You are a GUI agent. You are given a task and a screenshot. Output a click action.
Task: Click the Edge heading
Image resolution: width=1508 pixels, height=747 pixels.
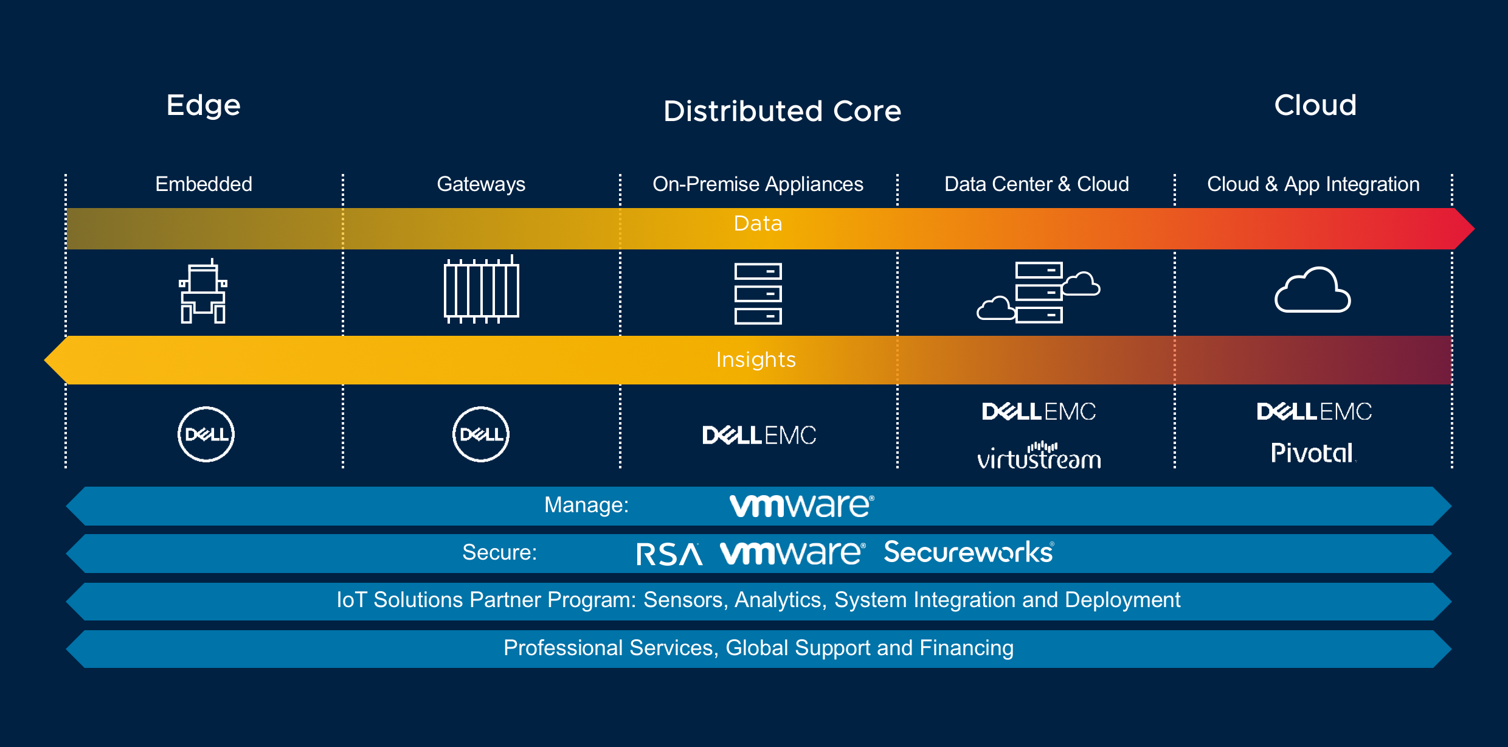(204, 106)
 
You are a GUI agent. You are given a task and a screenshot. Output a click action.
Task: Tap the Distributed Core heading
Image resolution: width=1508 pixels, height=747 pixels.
(782, 111)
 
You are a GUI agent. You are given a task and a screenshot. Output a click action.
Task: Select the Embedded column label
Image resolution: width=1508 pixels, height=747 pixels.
(204, 184)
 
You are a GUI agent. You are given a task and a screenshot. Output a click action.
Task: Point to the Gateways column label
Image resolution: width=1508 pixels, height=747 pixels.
(481, 184)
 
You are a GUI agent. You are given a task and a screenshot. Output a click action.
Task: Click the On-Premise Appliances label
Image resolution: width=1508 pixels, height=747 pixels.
(758, 184)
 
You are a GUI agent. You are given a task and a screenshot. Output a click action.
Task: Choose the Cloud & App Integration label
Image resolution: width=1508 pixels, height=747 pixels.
(1313, 184)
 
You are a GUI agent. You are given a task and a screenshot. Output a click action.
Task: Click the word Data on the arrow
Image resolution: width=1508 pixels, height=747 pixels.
(758, 224)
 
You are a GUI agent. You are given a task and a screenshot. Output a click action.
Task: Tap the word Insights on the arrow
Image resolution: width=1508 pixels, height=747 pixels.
(756, 360)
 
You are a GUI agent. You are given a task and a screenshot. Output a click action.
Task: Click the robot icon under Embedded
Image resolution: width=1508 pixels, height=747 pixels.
(203, 291)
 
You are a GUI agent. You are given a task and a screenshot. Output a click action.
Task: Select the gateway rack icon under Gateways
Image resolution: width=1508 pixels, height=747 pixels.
(481, 290)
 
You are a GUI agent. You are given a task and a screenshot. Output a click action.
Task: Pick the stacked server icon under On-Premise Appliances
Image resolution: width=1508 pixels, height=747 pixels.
(758, 293)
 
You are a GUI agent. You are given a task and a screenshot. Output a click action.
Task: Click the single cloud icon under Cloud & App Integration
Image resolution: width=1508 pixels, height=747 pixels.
(1312, 290)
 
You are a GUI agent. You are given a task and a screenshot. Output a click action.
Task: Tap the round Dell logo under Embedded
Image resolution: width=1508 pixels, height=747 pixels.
(206, 434)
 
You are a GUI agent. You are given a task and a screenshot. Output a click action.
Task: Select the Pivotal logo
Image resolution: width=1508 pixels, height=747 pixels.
(1312, 453)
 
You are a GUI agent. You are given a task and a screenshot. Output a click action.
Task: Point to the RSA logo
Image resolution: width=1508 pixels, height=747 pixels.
(669, 554)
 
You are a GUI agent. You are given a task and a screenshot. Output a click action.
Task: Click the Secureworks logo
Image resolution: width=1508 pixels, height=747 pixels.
(969, 552)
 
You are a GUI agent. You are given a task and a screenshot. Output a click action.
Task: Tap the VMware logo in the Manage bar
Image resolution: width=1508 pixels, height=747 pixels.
(801, 506)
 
